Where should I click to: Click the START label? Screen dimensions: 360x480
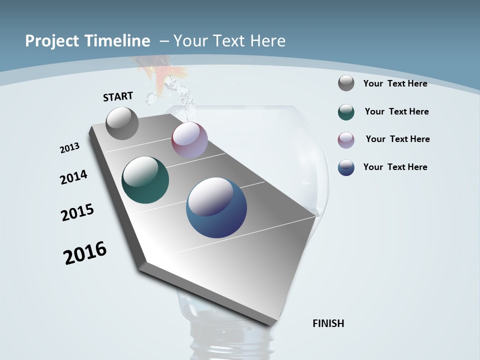118,96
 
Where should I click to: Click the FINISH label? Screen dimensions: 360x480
328,323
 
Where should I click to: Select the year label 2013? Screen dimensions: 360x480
69,148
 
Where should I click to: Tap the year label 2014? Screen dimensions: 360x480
73,177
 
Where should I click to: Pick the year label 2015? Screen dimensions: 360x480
77,212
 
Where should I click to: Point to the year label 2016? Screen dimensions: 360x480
85,253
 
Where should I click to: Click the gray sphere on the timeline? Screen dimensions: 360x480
122,123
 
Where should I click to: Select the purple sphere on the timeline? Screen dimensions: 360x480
189,140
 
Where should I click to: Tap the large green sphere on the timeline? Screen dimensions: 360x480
145,180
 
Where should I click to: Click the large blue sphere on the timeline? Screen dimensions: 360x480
216,207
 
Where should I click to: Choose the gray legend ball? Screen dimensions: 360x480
346,83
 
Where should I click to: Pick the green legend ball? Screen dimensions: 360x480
346,112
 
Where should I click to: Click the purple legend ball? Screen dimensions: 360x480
346,139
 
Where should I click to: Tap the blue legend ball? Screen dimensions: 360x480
346,167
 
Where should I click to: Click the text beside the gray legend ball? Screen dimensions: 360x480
395,83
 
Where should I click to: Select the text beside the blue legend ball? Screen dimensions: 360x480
395,167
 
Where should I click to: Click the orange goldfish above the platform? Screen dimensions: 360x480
160,77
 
